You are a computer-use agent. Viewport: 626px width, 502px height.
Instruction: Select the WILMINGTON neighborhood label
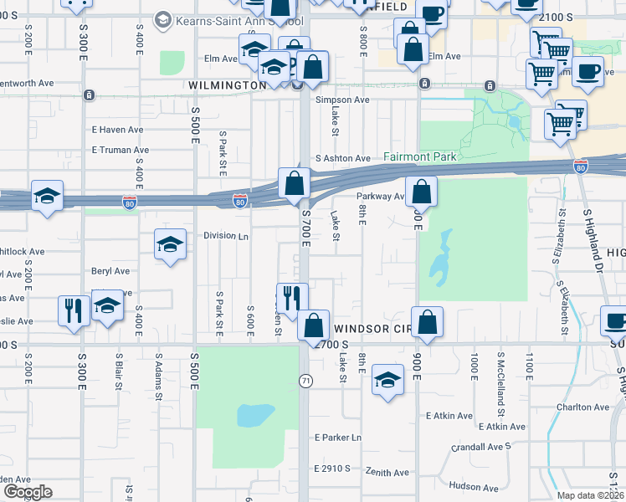click(x=227, y=85)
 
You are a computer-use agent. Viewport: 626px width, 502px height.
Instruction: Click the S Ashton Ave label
click(x=342, y=158)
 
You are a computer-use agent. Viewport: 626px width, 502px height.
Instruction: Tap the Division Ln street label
click(x=226, y=236)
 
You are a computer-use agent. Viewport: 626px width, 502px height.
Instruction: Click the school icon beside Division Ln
click(x=170, y=244)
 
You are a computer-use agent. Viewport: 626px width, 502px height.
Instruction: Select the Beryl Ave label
click(x=110, y=271)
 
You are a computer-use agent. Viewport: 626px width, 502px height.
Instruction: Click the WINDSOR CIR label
click(x=371, y=329)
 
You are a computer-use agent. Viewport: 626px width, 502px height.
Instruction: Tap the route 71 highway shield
click(x=306, y=381)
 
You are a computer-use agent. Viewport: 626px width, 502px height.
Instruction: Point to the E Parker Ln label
click(x=338, y=438)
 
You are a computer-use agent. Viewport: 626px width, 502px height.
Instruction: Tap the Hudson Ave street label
click(x=473, y=486)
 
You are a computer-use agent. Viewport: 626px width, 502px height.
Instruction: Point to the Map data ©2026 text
click(x=592, y=495)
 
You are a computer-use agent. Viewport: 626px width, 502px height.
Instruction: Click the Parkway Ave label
click(x=381, y=197)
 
